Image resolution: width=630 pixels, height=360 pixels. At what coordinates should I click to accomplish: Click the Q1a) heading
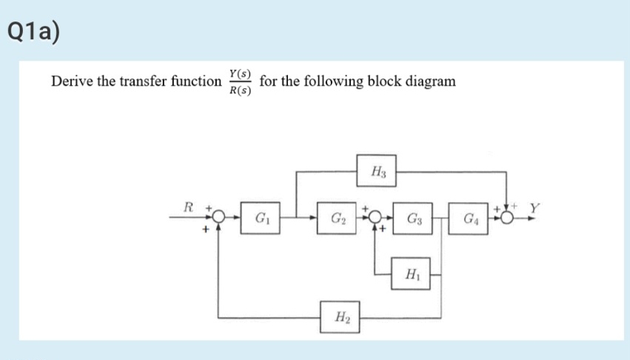32,32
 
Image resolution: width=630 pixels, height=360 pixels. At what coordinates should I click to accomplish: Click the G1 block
261,219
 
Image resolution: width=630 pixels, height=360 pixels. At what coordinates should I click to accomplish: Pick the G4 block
470,219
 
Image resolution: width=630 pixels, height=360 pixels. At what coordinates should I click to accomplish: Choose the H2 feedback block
341,318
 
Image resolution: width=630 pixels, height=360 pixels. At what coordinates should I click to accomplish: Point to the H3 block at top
376,172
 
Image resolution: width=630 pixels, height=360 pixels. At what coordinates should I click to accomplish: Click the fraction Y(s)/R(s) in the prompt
240,82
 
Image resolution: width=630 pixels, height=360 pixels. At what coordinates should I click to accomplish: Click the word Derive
73,81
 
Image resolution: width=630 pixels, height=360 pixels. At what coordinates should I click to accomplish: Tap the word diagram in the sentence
430,81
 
